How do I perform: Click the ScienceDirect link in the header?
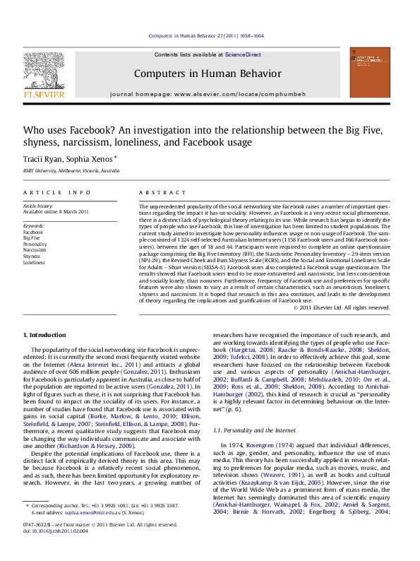coord(243,54)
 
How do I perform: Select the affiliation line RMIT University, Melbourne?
coord(71,171)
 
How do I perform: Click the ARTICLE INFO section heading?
coord(56,192)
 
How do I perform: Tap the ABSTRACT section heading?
coord(157,192)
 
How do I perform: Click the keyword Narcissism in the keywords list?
coord(35,249)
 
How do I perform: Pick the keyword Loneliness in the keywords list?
coord(35,262)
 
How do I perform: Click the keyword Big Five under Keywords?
coord(32,237)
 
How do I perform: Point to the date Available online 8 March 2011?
coord(56,211)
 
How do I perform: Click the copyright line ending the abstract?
coord(341,307)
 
